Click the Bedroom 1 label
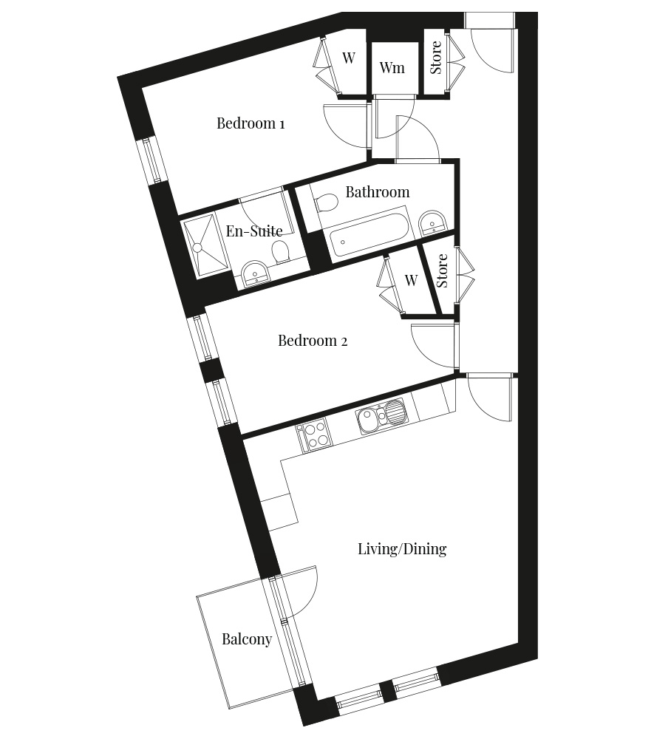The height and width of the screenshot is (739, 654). point(251,123)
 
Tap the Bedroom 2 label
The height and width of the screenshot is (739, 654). point(313,340)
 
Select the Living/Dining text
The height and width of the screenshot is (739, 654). point(402,549)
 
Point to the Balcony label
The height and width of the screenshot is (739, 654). point(247,639)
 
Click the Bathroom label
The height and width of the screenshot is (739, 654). point(378,192)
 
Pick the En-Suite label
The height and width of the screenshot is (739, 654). point(254,231)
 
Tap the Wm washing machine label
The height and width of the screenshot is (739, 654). point(392,67)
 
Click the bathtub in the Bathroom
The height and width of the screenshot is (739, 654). point(370,235)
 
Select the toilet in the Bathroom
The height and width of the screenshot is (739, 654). point(326,202)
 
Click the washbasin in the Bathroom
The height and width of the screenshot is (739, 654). point(432,222)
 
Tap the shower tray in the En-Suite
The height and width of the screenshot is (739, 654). point(204,247)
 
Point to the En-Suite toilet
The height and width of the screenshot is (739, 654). point(281,251)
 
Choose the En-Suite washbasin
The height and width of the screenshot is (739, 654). point(256,273)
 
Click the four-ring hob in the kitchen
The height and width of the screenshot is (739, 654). point(313,435)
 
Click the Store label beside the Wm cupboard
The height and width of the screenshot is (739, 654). point(436,58)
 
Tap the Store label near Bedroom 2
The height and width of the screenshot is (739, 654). point(441,271)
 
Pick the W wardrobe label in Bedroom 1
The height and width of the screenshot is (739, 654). point(349,58)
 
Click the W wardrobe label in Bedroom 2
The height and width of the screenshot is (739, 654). point(411,280)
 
